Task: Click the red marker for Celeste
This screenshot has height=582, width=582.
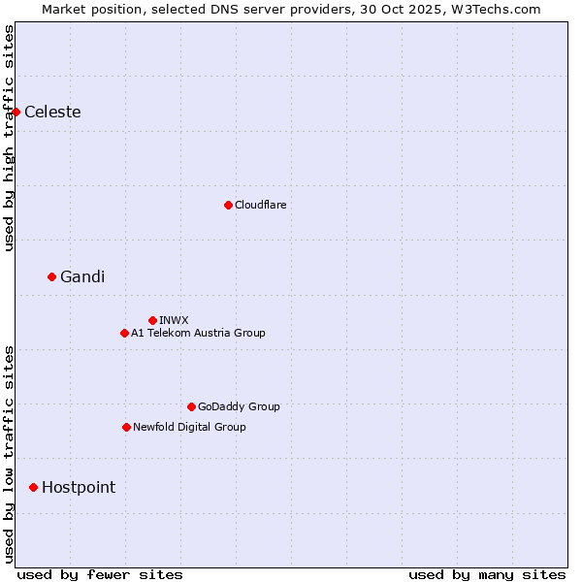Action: (16, 112)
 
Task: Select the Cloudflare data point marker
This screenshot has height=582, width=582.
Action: (228, 205)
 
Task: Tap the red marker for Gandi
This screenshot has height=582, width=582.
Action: (51, 276)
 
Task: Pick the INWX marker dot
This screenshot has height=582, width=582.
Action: (152, 320)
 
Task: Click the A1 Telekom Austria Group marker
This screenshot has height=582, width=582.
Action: (124, 333)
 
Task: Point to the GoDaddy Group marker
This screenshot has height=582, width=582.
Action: (191, 406)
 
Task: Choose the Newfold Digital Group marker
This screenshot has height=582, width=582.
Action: (126, 427)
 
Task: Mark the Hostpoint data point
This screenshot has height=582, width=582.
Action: (33, 487)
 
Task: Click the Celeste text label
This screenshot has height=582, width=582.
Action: (52, 112)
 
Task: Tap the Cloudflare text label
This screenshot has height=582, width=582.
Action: (260, 205)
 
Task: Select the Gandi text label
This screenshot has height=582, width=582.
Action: (82, 276)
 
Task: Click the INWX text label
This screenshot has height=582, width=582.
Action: (174, 320)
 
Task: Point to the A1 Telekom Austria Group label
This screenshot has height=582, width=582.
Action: (198, 333)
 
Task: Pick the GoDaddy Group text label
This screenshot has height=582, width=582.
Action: (239, 406)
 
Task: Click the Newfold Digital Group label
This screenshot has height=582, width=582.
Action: (189, 427)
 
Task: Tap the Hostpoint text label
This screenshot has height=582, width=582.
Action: (79, 487)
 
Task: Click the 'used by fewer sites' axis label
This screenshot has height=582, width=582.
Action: (100, 574)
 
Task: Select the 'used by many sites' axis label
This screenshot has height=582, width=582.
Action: (487, 574)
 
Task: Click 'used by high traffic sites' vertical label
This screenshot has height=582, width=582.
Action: (9, 138)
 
